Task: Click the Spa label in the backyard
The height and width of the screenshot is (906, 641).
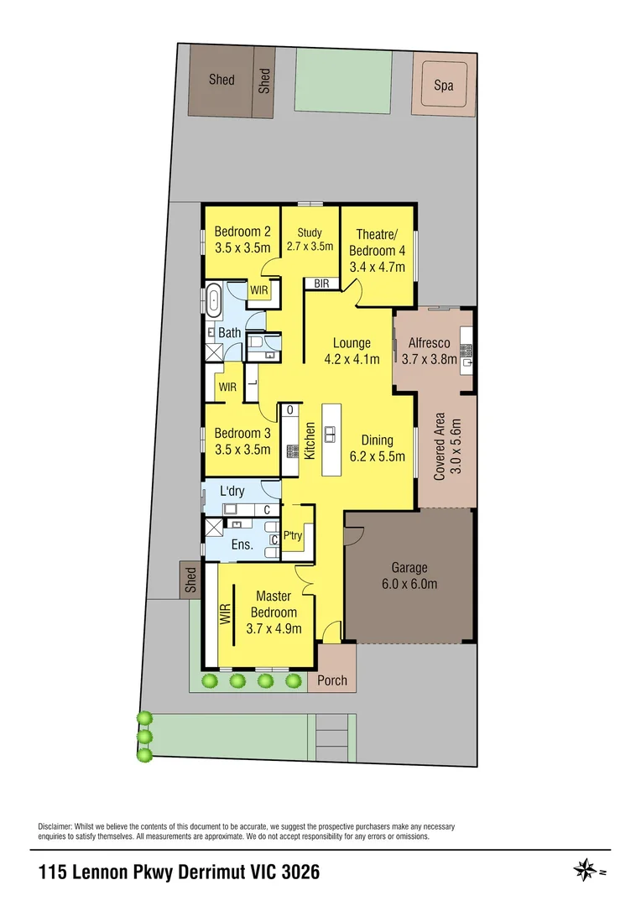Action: click(x=443, y=86)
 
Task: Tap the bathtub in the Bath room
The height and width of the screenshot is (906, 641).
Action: click(x=213, y=301)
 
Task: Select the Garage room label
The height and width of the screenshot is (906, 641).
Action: click(x=409, y=568)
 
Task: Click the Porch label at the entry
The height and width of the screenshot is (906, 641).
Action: click(x=332, y=680)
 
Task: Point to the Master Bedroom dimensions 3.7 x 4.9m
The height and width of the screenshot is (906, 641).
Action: click(x=274, y=628)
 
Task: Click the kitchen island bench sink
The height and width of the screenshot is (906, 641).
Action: click(x=331, y=433)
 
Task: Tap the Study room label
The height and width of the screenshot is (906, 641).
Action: click(x=310, y=233)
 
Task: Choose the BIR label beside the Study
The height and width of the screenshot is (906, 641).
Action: click(x=321, y=284)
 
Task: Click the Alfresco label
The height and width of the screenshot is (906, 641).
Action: click(x=429, y=343)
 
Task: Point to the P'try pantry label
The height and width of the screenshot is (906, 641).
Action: click(x=292, y=534)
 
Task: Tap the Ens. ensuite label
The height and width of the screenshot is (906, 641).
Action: click(x=242, y=544)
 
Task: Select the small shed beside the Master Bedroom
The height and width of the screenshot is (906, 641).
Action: click(x=191, y=580)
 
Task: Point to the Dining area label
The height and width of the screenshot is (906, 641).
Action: click(x=377, y=440)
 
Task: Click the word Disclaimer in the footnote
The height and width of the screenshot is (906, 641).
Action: click(x=55, y=826)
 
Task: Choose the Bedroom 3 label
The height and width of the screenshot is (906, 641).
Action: click(x=242, y=434)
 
